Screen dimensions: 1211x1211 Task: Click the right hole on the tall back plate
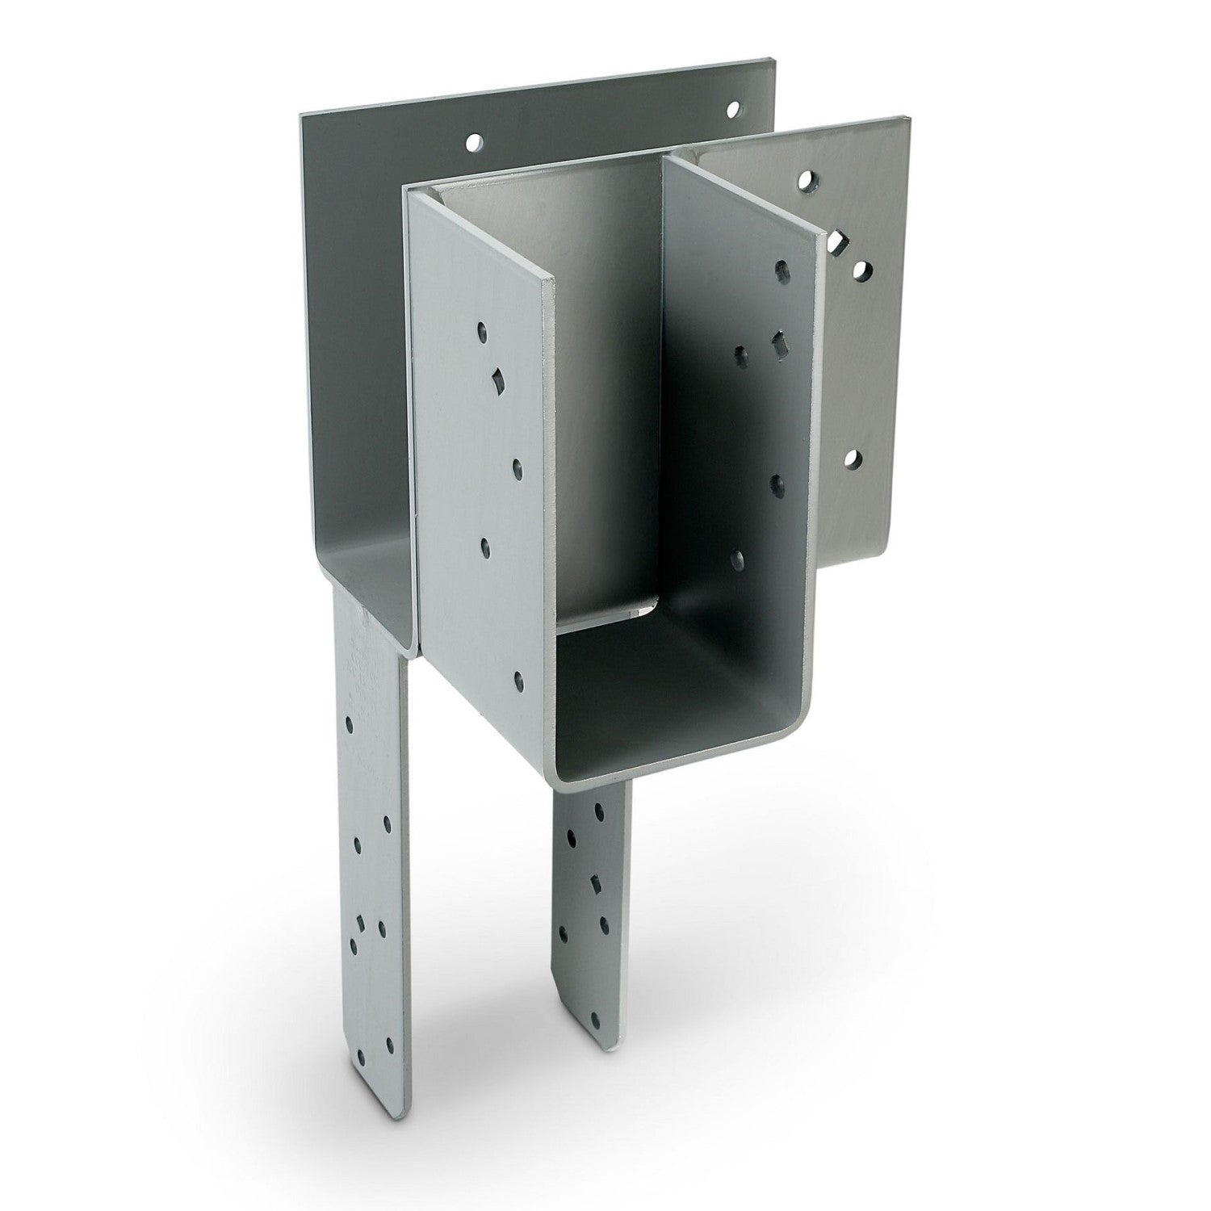[732, 108]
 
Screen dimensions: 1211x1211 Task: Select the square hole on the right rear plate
[837, 241]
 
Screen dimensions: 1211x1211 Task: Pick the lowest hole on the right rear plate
[853, 461]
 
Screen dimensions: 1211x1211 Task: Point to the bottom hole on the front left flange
[518, 681]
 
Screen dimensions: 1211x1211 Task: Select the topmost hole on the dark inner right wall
[781, 268]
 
